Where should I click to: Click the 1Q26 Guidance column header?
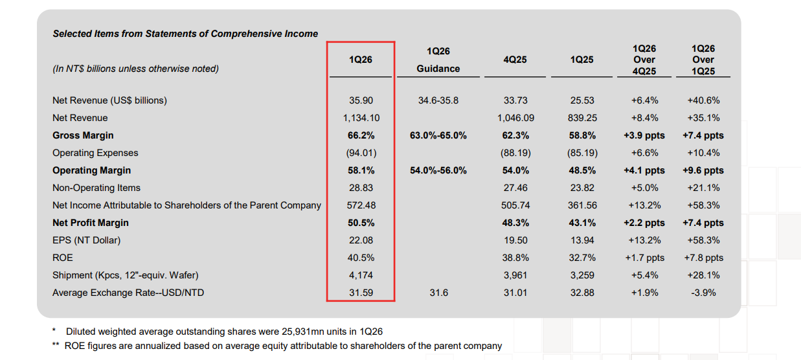(438, 60)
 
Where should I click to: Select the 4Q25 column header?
(515, 60)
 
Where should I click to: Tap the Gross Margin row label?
(83, 135)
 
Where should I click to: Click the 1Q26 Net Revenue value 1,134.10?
(361, 118)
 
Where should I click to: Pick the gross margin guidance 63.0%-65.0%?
(438, 135)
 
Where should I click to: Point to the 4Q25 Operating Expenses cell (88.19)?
(515, 153)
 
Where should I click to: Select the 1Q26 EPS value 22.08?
(361, 240)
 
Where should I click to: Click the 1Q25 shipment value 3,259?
(582, 275)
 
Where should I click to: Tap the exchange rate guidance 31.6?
(438, 293)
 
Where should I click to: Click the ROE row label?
(63, 258)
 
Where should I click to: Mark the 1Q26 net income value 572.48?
(361, 205)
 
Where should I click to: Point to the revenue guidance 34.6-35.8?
(438, 100)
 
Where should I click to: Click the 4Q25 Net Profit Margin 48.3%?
(515, 223)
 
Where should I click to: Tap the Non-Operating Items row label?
(96, 188)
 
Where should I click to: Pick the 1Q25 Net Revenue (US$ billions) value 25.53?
(582, 100)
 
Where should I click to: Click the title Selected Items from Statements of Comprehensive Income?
(185, 34)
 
